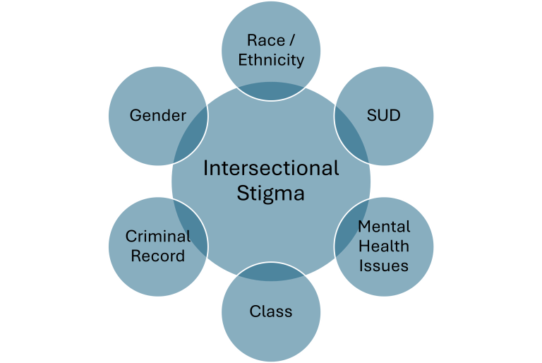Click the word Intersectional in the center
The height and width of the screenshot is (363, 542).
[271, 168]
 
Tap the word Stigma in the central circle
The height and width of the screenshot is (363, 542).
[271, 193]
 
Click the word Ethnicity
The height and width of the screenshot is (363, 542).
[271, 59]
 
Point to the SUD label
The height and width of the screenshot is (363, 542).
[383, 115]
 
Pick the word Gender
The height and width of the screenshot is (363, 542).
[157, 115]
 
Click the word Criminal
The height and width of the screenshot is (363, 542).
[157, 237]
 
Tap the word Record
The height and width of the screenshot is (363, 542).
[157, 255]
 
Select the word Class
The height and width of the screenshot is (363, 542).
[271, 311]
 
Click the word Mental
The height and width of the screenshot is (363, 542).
[383, 227]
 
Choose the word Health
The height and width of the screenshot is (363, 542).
[383, 246]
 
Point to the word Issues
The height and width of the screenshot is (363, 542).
[383, 265]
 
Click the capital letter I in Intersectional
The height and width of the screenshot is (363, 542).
[205, 168]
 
